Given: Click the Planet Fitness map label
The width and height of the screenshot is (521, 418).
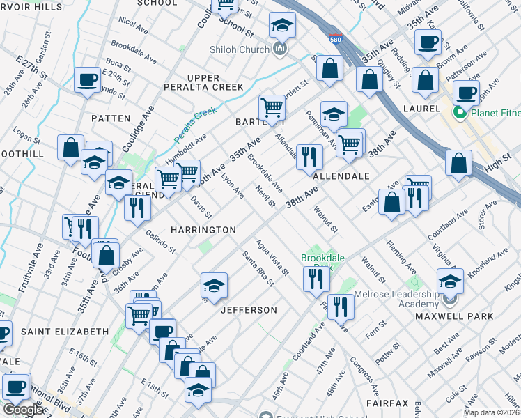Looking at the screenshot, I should tap(490, 113).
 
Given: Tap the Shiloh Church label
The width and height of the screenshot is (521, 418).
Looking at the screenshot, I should tap(239, 49).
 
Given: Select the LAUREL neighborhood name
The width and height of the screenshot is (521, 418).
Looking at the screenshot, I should tap(421, 109).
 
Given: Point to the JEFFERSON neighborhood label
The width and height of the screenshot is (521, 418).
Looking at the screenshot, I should tap(249, 309).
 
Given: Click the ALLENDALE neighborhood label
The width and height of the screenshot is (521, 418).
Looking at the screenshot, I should tap(341, 176).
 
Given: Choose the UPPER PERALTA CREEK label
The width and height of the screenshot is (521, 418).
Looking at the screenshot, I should tap(213, 82).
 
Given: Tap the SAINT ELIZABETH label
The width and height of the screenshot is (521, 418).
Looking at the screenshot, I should tap(64, 332).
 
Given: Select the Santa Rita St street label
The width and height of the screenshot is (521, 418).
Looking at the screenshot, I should tap(255, 268).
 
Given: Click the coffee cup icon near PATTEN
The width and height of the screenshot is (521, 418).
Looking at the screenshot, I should tap(88, 79).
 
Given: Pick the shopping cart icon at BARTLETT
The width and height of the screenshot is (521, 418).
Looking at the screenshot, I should tap(272, 107).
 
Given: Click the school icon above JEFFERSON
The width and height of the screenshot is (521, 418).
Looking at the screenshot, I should tap(214, 284).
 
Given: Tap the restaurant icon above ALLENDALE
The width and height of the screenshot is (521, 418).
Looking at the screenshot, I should tap(309, 156).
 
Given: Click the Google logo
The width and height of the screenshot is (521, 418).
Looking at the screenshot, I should tap(24, 410).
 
